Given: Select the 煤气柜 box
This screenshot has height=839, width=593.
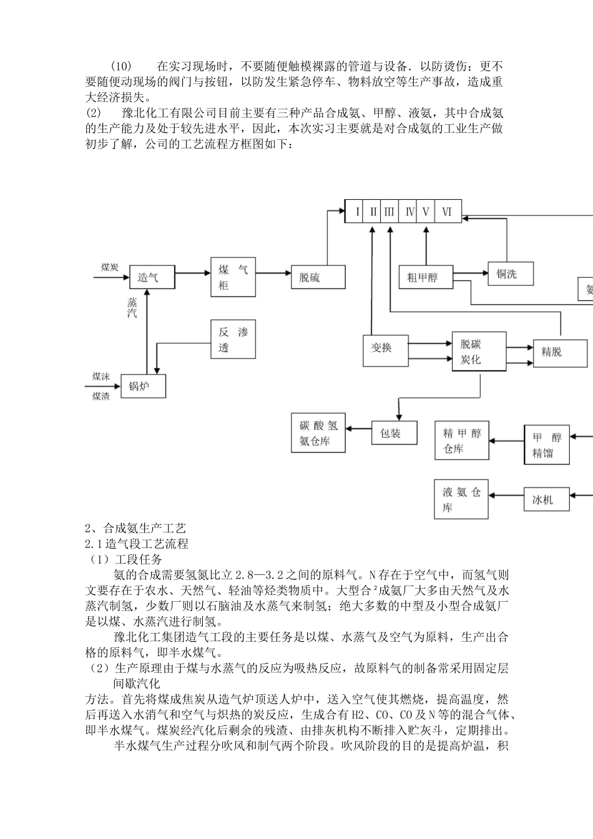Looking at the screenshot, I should (233, 277).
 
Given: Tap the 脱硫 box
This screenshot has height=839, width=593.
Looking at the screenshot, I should (318, 277).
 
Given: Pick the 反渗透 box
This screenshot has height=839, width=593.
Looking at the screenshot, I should (233, 340).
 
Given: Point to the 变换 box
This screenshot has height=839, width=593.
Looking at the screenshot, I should (385, 350).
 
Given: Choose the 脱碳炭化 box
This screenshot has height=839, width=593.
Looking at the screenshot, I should (479, 352).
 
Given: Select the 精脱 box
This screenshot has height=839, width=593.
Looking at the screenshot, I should (560, 353).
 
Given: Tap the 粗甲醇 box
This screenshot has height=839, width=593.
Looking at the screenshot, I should (426, 277).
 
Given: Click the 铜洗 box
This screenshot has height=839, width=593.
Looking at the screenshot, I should (511, 273).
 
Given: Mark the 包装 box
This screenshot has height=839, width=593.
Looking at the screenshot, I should (394, 433).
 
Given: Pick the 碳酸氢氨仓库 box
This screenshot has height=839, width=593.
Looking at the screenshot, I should (318, 433).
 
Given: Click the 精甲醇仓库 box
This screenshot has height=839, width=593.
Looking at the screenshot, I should (462, 441).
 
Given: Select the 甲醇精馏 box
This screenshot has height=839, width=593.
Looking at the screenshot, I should (547, 445).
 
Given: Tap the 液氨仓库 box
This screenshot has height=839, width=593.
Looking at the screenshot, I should (461, 499).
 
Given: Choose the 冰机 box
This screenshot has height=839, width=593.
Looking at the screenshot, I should (546, 499).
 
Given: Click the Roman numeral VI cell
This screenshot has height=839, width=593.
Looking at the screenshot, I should (447, 212).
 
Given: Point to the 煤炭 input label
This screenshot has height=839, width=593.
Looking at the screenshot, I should (110, 267).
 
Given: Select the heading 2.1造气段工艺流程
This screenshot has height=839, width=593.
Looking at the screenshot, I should (137, 544).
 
